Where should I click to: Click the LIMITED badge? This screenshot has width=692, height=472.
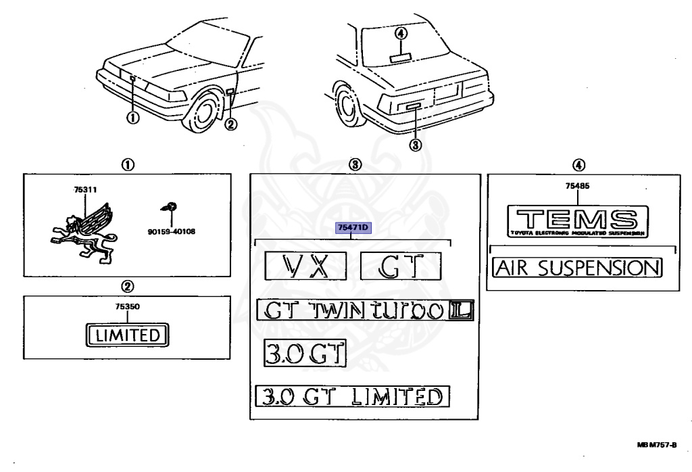(x=127, y=334)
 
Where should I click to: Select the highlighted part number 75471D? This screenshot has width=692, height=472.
(x=353, y=228)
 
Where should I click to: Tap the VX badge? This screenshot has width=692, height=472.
(x=305, y=265)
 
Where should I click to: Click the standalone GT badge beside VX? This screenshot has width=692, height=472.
(x=400, y=265)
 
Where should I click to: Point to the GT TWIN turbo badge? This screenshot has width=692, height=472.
(x=365, y=310)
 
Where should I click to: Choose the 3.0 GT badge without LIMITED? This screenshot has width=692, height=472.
(x=304, y=353)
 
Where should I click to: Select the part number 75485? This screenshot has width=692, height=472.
(x=579, y=189)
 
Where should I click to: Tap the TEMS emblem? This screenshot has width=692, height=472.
(x=578, y=220)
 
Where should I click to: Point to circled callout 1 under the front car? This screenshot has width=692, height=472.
(x=133, y=119)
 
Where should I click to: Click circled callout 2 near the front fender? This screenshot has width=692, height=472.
(x=232, y=124)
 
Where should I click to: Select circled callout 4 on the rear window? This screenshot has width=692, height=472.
(x=401, y=32)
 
